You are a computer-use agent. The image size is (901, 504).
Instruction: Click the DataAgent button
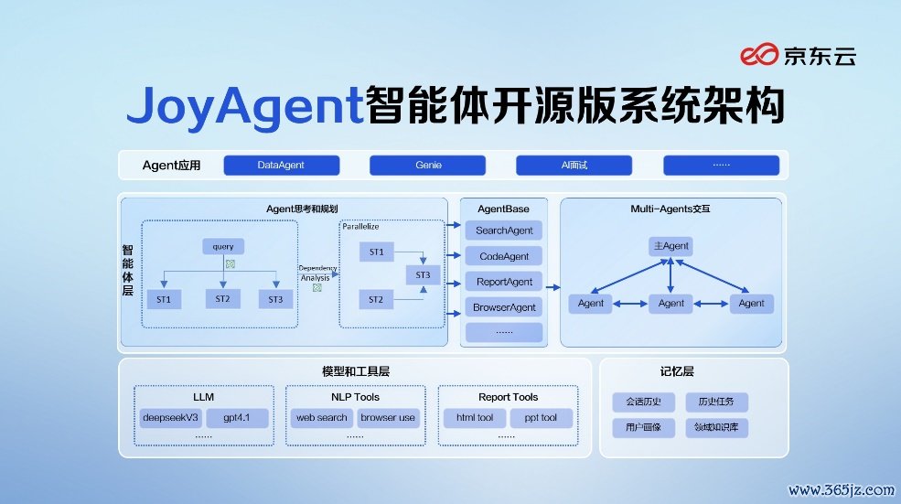coord(282,165)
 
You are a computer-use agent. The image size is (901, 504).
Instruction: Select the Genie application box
coord(427,165)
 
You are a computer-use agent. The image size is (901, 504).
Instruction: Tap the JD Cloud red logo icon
coord(759,55)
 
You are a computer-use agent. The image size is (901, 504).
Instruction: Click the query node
coord(223,247)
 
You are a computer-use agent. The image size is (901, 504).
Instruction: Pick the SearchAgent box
coord(504,231)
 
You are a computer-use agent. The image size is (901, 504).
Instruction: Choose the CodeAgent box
coord(504,256)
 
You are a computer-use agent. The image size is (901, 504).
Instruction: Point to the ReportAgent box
coord(504,282)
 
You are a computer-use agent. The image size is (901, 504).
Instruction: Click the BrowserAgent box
coord(504,307)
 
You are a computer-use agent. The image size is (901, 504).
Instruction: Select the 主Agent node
coord(670,246)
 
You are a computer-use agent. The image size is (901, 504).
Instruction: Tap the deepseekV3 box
coord(171,418)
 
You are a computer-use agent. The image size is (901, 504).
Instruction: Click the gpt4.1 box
coord(237,418)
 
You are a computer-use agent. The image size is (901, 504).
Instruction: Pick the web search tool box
coord(322,418)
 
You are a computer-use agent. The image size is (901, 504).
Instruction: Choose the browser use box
coord(388,418)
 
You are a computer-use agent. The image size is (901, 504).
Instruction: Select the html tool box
coord(475,418)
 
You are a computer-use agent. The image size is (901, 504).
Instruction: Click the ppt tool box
coord(541,418)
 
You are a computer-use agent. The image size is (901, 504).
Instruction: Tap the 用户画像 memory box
coord(644,427)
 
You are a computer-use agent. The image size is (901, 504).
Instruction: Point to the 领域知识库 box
coord(716,427)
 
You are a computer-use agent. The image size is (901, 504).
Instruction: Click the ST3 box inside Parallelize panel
coord(423,274)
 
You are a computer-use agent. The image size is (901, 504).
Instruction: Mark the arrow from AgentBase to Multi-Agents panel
coord(552,287)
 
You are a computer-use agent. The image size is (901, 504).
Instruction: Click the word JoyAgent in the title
coord(245,106)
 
